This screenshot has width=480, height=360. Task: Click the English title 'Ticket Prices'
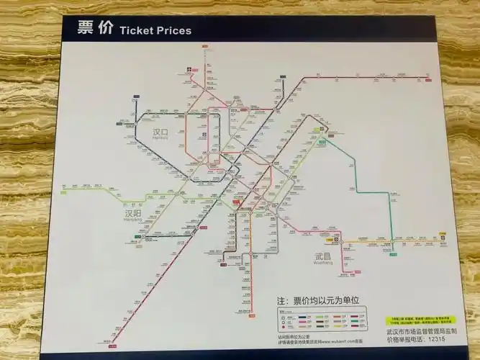pos(155,30)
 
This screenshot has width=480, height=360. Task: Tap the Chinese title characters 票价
pos(96,28)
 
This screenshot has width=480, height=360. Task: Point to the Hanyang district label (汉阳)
pos(132,215)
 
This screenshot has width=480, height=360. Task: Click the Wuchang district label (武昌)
pos(324,257)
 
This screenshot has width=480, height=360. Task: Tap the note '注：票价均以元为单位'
pos(322,300)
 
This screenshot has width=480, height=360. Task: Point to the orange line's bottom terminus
pos(251,315)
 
